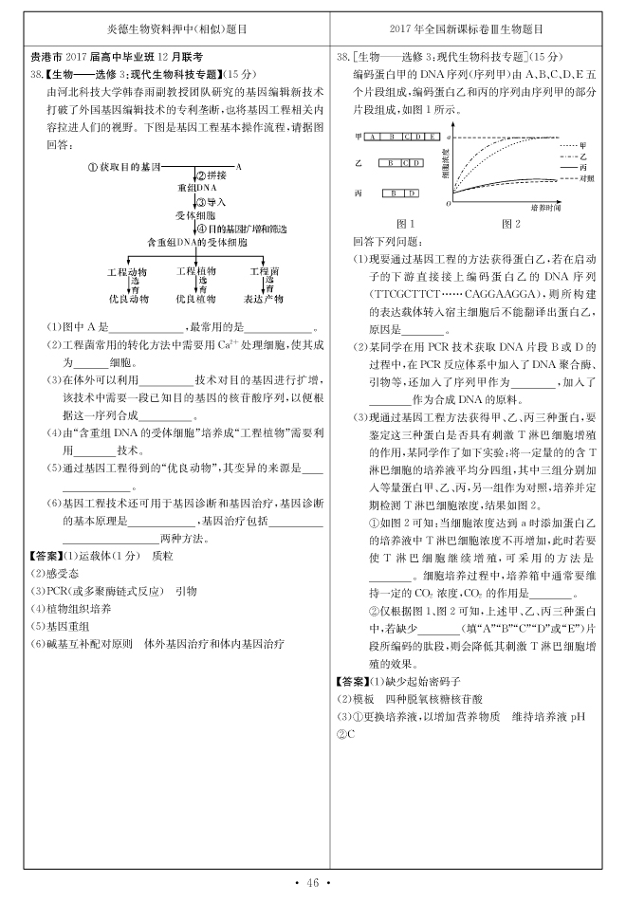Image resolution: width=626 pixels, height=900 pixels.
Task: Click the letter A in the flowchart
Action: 237,166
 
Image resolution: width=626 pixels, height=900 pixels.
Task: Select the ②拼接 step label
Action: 212,176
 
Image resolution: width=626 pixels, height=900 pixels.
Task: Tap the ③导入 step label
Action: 212,202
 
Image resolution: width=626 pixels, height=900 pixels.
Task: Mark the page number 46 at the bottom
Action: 313,884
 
